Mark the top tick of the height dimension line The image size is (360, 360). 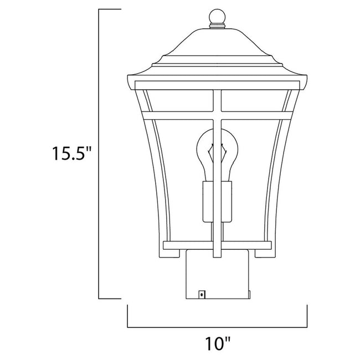110,9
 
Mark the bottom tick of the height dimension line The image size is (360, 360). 110,297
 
